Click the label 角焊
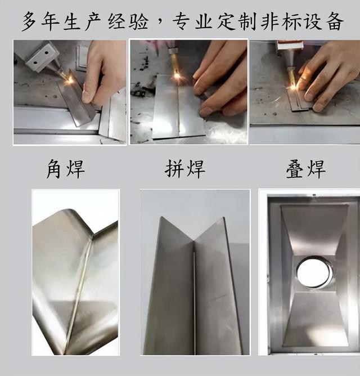(x=65, y=169)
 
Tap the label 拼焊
(x=185, y=169)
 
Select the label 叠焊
(x=306, y=169)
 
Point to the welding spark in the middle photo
(x=177, y=76)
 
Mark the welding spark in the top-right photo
(x=293, y=87)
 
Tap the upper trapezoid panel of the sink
(x=314, y=230)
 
